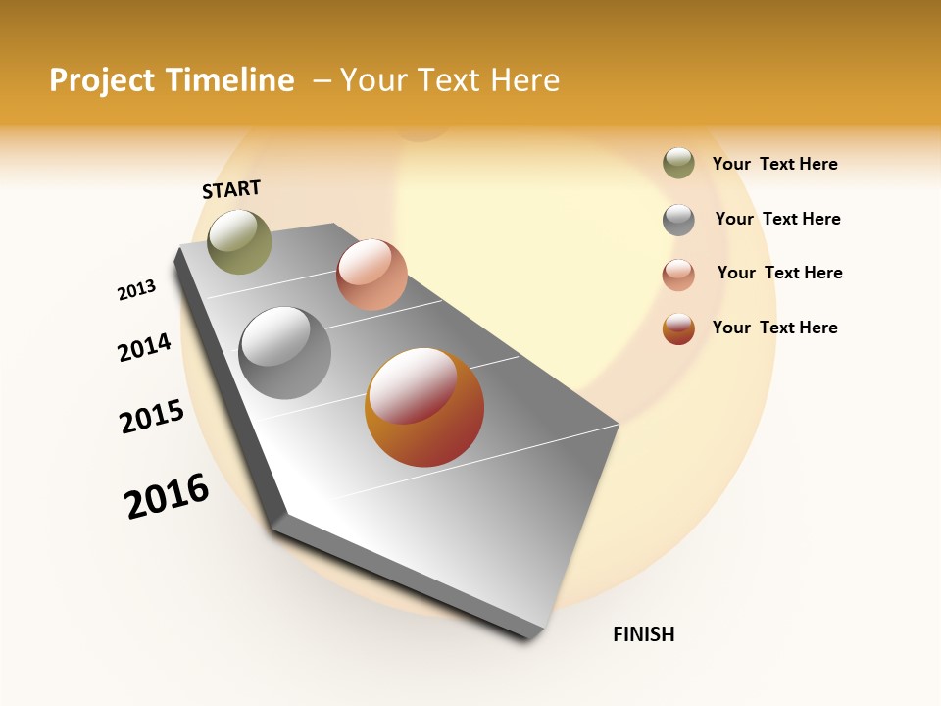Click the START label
[x=231, y=189]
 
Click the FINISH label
[x=644, y=634]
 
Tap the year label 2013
[x=137, y=290]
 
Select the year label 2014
[x=145, y=347]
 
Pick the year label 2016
[x=167, y=496]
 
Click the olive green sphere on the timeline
[x=239, y=241]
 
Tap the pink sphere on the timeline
[x=371, y=275]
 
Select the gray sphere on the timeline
[x=285, y=353]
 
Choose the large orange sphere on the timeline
[x=424, y=407]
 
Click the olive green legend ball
[x=678, y=164]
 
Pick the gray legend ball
[x=678, y=220]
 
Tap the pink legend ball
[x=678, y=275]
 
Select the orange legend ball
[x=678, y=328]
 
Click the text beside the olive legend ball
[x=774, y=164]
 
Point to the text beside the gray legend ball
[x=777, y=219]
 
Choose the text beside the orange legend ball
[x=774, y=328]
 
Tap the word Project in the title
[x=101, y=80]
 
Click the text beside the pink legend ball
[x=779, y=273]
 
